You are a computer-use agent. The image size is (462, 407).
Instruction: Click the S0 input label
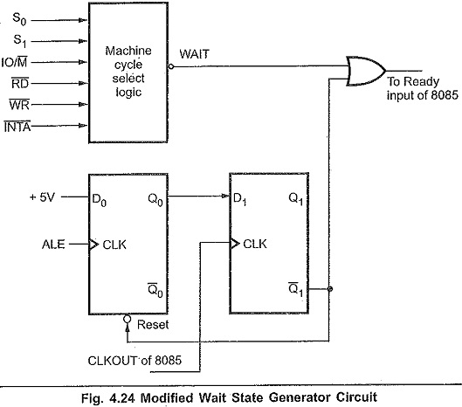click(19, 19)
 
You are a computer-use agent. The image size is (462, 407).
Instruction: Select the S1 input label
click(20, 41)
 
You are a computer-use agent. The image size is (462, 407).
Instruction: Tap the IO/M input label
click(14, 62)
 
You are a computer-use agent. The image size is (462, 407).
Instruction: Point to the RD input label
click(20, 83)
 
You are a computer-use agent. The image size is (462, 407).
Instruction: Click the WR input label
click(19, 104)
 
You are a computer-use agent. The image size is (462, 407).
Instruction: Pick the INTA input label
click(17, 127)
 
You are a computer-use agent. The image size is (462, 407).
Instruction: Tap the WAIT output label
click(195, 54)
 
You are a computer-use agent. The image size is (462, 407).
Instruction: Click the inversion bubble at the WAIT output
click(171, 66)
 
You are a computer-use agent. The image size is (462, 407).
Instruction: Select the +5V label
click(42, 197)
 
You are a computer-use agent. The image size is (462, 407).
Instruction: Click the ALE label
click(53, 245)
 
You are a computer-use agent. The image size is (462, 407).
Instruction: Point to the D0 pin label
click(100, 200)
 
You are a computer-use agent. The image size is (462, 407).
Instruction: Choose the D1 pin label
click(239, 199)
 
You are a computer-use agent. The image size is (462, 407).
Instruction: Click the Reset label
click(153, 325)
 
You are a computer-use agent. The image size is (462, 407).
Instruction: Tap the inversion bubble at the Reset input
click(127, 319)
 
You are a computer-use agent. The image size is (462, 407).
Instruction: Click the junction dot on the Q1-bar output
click(330, 289)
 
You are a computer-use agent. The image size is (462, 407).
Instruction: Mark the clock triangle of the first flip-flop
click(93, 245)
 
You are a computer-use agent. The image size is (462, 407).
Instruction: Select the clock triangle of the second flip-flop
click(235, 244)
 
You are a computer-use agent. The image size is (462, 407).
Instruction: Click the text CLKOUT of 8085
click(134, 360)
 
